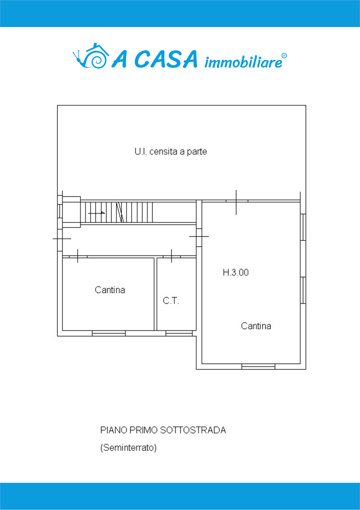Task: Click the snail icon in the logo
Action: point(90,56)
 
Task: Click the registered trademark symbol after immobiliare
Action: point(284,56)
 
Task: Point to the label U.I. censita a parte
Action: point(171,152)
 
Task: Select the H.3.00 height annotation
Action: point(235,272)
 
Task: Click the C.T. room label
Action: point(171,301)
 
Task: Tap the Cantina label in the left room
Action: point(110,290)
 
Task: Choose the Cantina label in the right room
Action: point(256,326)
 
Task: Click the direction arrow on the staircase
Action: point(96,213)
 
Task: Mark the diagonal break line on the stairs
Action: point(120,212)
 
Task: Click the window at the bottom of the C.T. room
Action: point(179,333)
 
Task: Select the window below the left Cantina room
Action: point(109,333)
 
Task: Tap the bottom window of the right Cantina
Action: point(258,366)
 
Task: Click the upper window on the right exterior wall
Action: point(303,227)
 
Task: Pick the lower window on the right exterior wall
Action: point(303,290)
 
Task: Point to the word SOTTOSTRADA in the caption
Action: point(193,430)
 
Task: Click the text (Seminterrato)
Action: point(128,447)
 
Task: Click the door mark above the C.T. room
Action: point(172,256)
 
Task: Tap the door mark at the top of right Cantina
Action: point(236,202)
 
